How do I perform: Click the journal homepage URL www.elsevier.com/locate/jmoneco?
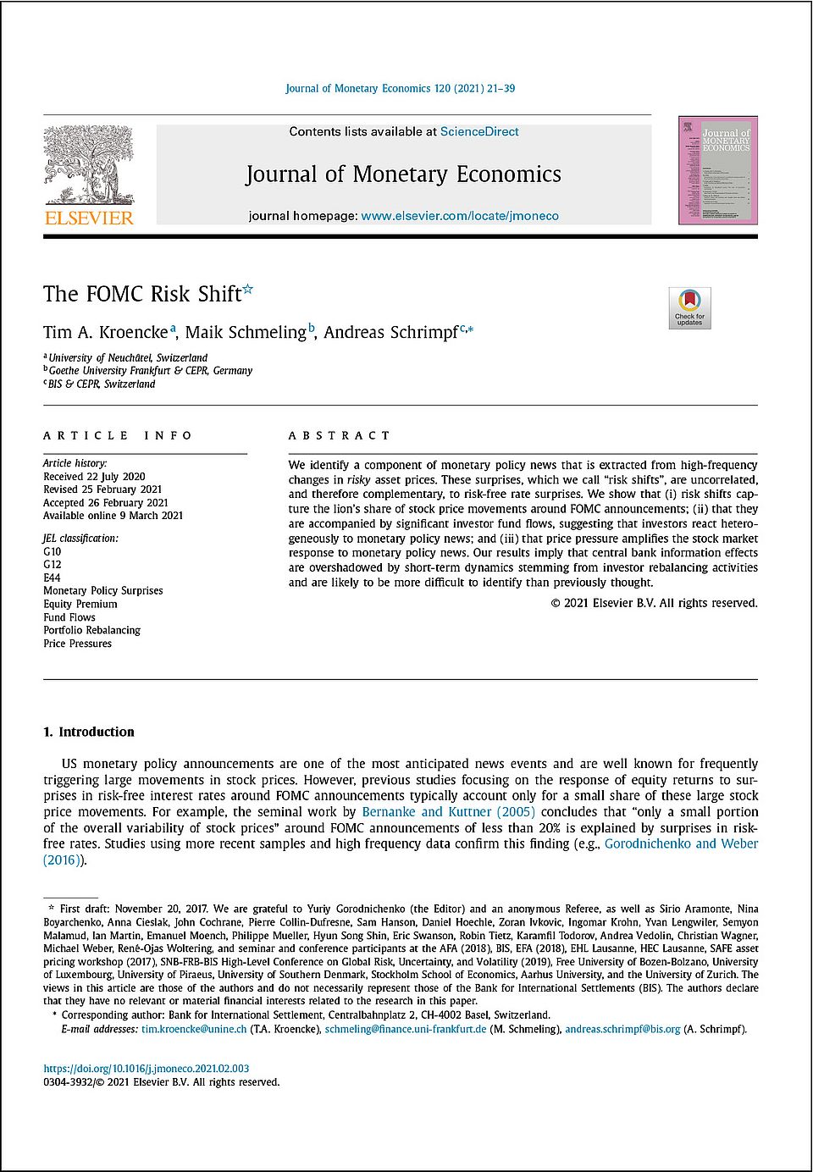[x=460, y=216]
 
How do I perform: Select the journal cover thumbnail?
[x=718, y=171]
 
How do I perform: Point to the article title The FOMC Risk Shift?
[x=143, y=294]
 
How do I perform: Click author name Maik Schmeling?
[x=245, y=332]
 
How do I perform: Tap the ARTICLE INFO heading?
[x=118, y=435]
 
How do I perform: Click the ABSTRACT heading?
[x=339, y=435]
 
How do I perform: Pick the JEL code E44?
[x=53, y=578]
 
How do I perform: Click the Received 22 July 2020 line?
[x=94, y=477]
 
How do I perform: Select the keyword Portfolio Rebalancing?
[x=91, y=630]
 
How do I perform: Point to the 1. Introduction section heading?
[x=89, y=732]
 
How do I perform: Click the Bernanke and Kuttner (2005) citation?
[x=435, y=811]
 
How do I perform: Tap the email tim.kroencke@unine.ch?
[x=194, y=1029]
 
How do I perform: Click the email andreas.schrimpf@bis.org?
[x=622, y=1029]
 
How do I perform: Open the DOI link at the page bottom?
[x=147, y=1069]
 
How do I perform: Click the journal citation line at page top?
[x=401, y=88]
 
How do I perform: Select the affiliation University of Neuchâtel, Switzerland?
[x=128, y=357]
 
